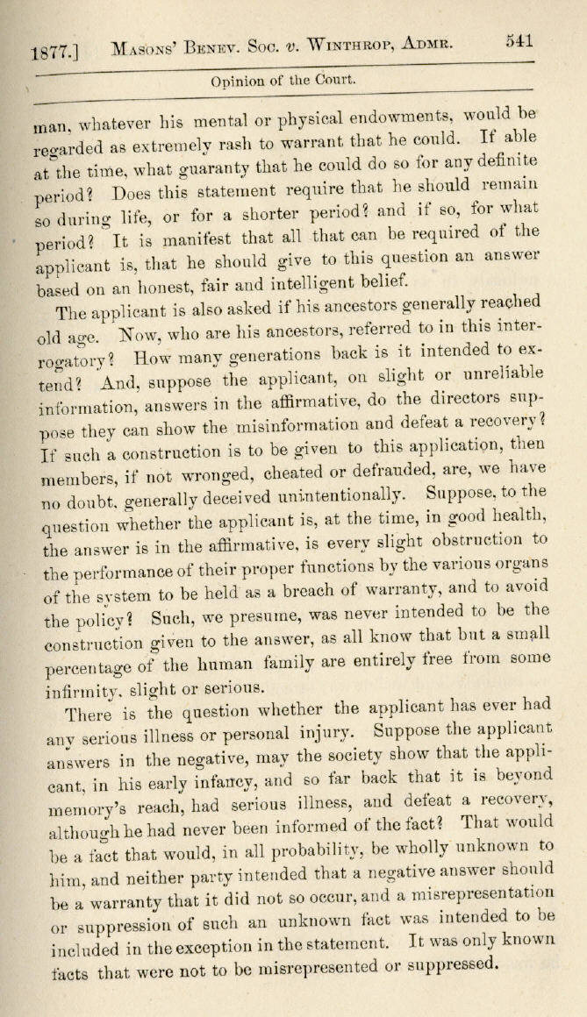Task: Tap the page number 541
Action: (521, 41)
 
